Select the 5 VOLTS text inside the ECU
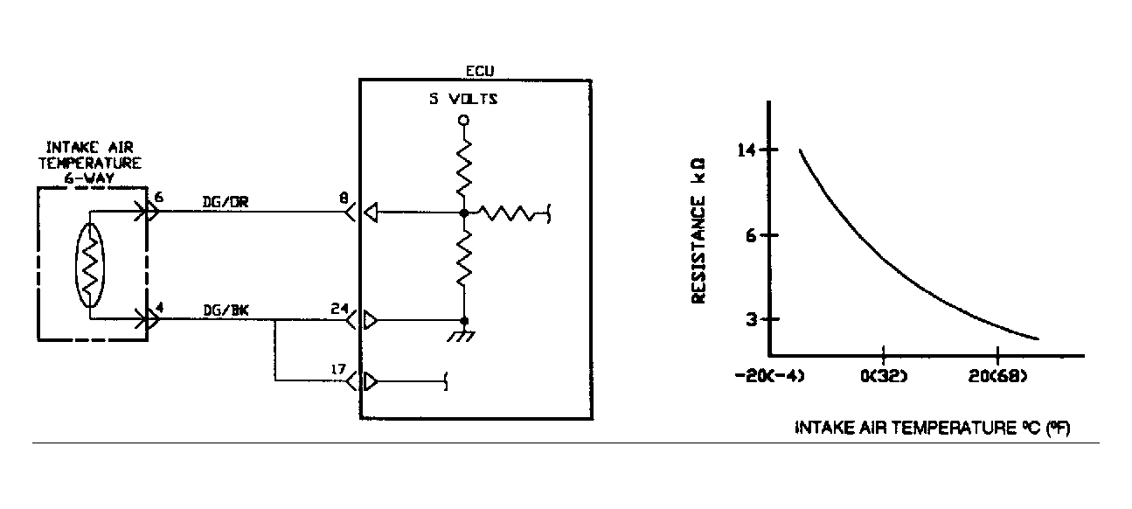(462, 99)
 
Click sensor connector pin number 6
(157, 198)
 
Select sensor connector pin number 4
(157, 307)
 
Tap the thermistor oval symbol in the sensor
(89, 265)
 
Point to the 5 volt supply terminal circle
(464, 120)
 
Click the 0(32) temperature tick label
(885, 377)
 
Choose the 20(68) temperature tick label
(997, 377)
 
